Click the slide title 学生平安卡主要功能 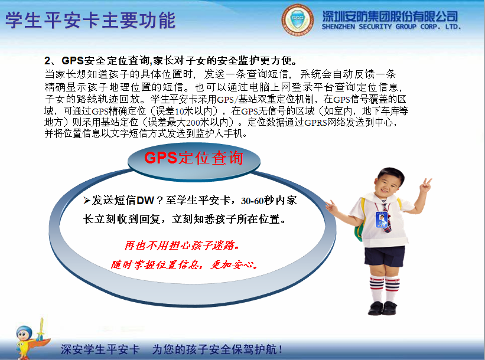click(90, 19)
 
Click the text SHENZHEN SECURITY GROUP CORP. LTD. click(390, 27)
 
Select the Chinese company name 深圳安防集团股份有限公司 click(390, 15)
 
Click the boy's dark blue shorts click(385, 256)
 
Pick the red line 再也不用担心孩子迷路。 click(182, 244)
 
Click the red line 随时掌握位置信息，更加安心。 click(184, 264)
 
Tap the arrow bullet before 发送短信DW click(86, 201)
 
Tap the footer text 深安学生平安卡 click(100, 349)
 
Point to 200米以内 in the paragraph click(198, 123)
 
